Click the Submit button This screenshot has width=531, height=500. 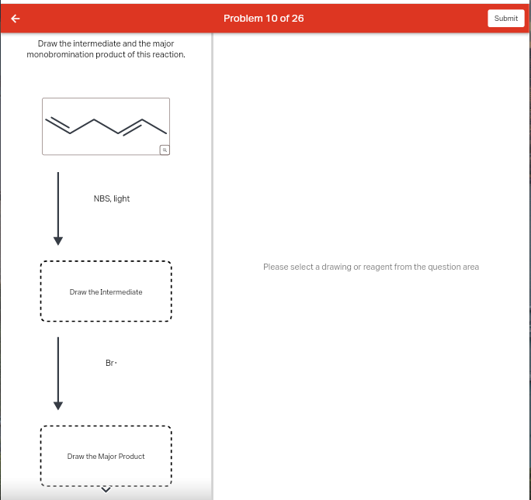[505, 18]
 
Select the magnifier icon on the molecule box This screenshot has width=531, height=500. [164, 149]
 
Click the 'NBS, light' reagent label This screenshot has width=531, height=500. [111, 198]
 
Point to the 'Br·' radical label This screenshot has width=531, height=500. [111, 363]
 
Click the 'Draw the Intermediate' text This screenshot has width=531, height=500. [106, 292]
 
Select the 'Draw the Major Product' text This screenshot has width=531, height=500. [106, 457]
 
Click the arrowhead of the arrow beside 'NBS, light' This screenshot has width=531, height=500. [57, 237]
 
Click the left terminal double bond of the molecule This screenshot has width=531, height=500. [58, 125]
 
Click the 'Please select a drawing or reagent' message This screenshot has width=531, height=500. [370, 267]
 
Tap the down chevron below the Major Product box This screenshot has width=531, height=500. [106, 488]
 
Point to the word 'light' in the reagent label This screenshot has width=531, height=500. [121, 198]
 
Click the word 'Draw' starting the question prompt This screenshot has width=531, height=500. [48, 43]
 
